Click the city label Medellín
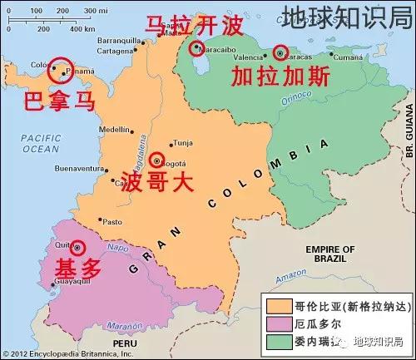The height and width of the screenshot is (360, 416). point(114,130)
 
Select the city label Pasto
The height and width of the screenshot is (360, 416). point(111,221)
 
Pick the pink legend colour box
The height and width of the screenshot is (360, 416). point(275,322)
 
